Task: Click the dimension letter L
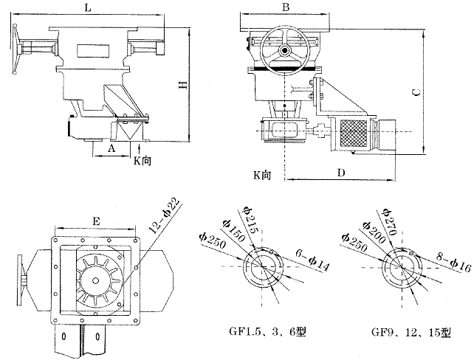pyautogui.click(x=88, y=7)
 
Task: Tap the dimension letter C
pyautogui.click(x=416, y=91)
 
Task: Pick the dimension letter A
pyautogui.click(x=111, y=148)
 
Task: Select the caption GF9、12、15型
pyautogui.click(x=410, y=331)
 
